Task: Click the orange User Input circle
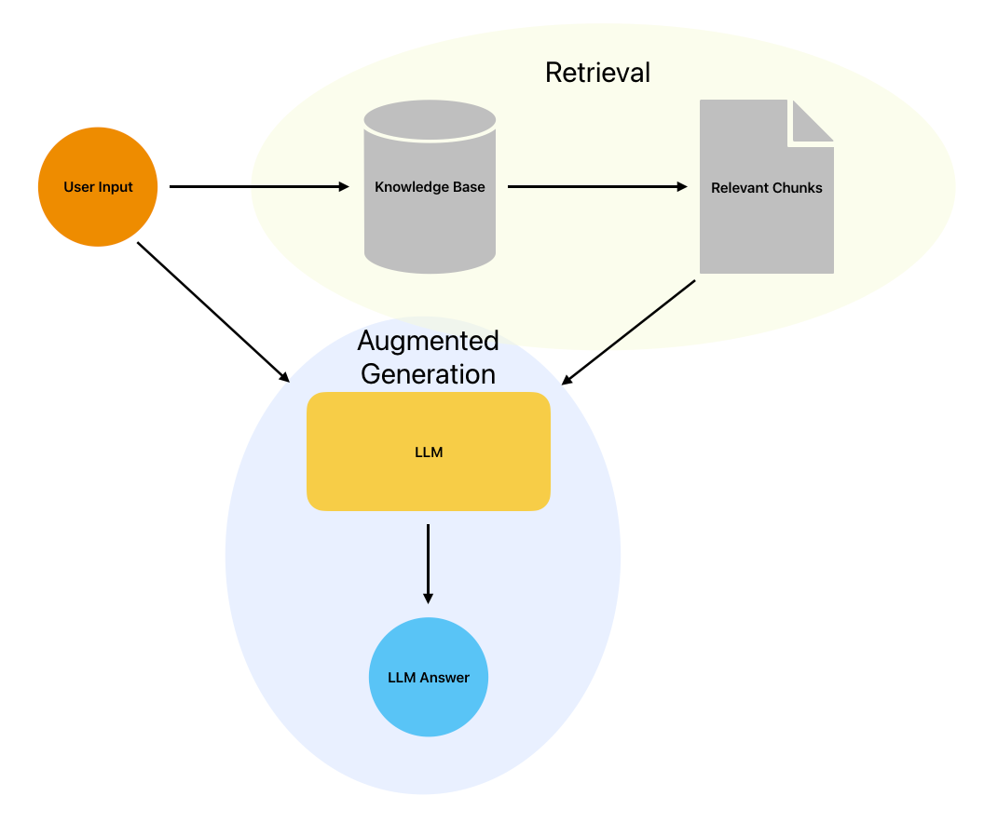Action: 98,187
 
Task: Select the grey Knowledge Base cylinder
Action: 430,187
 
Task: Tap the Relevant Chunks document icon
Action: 767,187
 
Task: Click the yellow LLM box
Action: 429,452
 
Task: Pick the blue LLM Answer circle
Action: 429,677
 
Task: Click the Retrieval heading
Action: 597,73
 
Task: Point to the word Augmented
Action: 428,342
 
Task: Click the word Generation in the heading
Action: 428,373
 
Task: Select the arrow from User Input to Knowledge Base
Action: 259,187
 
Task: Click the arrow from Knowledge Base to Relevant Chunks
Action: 597,187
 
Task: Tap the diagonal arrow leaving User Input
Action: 213,312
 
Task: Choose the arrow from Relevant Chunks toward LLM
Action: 628,332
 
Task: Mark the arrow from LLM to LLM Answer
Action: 428,564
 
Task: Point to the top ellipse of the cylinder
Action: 430,119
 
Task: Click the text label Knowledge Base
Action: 430,187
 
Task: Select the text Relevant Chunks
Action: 767,187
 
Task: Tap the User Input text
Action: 98,187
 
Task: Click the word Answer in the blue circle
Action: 444,678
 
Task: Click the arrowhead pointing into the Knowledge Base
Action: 344,187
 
